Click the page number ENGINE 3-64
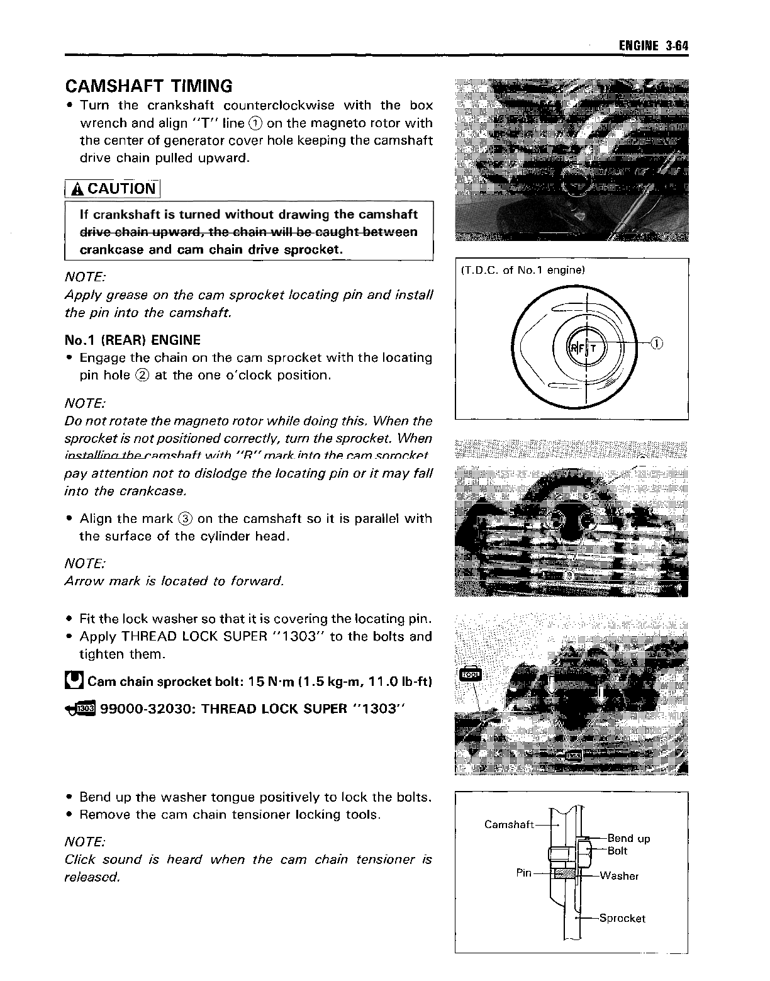pos(654,46)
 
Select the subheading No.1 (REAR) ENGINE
pos(133,340)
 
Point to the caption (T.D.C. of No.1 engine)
pos(523,270)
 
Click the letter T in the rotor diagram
pos(593,348)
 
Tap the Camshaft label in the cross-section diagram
pos(509,824)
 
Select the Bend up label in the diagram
pos(628,838)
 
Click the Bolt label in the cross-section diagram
pos(618,851)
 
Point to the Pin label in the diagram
pos(524,873)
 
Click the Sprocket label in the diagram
pos(622,918)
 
